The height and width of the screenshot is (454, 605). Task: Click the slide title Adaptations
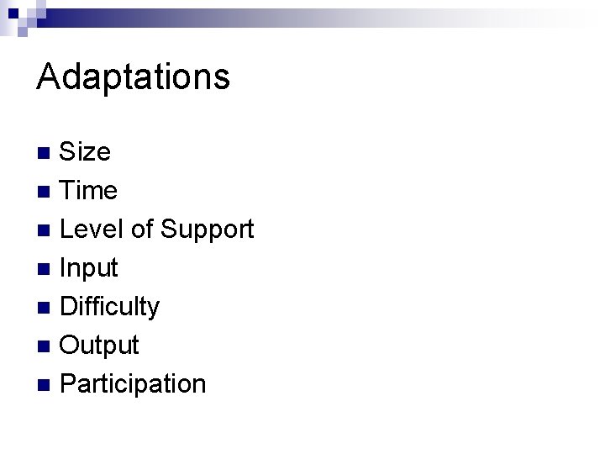click(x=133, y=77)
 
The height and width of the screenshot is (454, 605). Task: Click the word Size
click(x=86, y=152)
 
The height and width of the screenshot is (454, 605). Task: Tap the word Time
click(x=89, y=191)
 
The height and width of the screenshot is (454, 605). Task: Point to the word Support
click(x=207, y=230)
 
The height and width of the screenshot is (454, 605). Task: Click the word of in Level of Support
click(x=142, y=230)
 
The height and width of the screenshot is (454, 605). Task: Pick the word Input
click(x=90, y=269)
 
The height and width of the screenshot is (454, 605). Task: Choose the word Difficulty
click(x=110, y=308)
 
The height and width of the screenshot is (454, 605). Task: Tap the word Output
click(x=100, y=346)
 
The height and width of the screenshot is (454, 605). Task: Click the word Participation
click(x=134, y=384)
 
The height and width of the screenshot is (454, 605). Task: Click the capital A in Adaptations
click(x=48, y=77)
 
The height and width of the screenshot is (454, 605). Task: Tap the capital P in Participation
click(x=69, y=384)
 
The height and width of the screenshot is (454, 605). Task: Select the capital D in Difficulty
click(x=70, y=307)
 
